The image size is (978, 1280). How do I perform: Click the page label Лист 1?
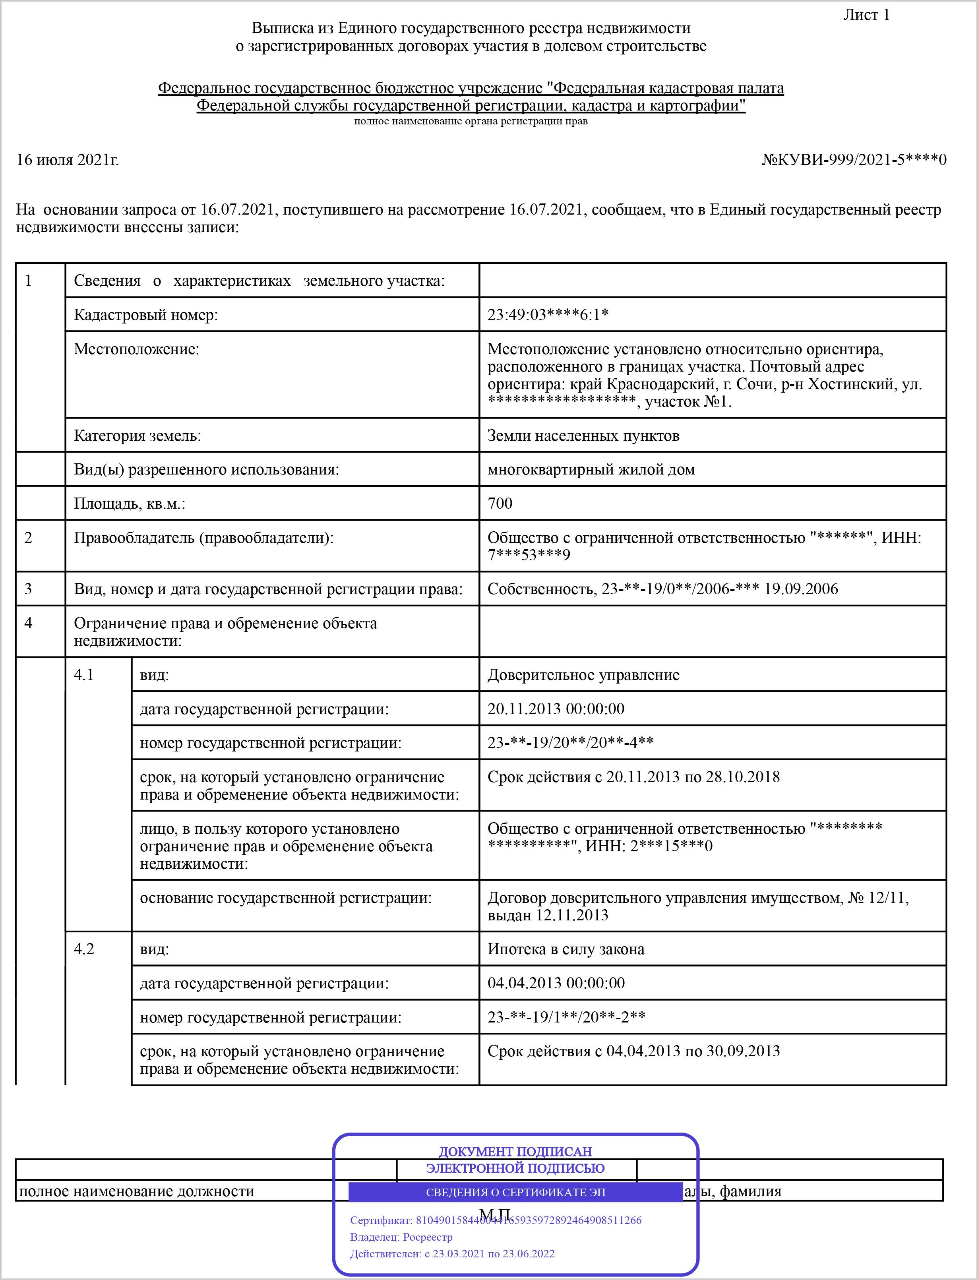[866, 15]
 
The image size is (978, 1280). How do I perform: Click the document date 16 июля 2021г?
[68, 159]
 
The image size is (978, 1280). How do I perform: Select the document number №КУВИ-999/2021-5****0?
[854, 159]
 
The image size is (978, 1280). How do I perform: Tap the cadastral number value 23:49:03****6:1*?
[548, 315]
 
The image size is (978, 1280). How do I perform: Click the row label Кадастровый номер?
[145, 315]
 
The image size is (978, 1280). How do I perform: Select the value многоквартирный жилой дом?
[591, 469]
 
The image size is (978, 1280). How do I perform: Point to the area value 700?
[500, 503]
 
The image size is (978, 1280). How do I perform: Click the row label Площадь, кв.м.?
[129, 503]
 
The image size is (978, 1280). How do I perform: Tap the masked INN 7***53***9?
[529, 555]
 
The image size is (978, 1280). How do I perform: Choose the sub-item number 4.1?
[84, 675]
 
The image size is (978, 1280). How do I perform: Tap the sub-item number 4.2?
[84, 949]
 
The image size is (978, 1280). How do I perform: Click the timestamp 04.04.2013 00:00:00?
[556, 983]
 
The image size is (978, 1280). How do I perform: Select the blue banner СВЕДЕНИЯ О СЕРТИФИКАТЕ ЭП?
[515, 1192]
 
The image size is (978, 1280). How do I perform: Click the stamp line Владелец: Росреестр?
[401, 1237]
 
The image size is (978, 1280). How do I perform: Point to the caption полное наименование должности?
[137, 1191]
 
